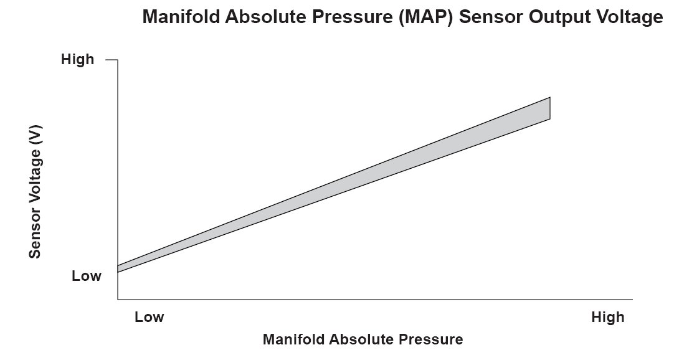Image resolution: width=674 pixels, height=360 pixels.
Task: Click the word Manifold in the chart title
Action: tap(181, 17)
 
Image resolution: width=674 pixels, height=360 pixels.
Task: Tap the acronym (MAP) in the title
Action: tap(425, 17)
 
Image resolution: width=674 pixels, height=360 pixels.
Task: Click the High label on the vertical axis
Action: tap(77, 59)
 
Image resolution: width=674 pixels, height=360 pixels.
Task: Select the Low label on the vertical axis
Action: tap(87, 276)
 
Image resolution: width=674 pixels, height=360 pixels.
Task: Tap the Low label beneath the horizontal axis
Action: tap(149, 317)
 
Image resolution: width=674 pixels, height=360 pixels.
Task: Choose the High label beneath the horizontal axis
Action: tap(608, 317)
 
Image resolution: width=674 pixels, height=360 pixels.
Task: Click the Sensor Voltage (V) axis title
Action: tap(35, 192)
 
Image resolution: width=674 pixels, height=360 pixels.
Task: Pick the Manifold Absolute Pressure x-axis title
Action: tap(363, 339)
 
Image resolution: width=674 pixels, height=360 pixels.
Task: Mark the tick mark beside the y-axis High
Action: tap(112, 60)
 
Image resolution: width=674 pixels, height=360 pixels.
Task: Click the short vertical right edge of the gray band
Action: tap(550, 108)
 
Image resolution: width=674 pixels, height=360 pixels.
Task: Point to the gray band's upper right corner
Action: tap(550, 98)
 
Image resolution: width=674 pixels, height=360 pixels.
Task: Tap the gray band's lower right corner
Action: tap(550, 119)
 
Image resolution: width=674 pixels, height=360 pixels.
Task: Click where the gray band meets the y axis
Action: tap(118, 269)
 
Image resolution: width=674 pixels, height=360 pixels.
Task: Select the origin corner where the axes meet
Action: tap(118, 299)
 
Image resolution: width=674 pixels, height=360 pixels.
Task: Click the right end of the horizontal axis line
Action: tap(632, 299)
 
